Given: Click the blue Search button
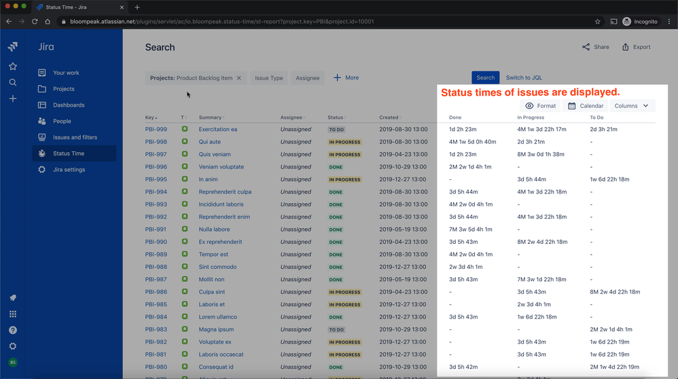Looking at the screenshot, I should (485, 77).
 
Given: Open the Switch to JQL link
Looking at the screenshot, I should (524, 77).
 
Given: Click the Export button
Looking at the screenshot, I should (636, 47).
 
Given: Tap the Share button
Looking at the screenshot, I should (595, 47).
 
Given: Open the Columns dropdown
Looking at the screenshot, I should (631, 106).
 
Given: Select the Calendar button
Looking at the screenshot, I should (585, 106).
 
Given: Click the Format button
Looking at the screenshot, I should (540, 106).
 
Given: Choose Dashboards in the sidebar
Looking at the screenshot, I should (69, 105).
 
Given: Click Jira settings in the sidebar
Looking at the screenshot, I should (69, 170).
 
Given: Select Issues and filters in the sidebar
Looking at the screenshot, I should (75, 137).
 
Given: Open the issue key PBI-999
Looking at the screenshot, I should (156, 129).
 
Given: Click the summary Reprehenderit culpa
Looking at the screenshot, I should (225, 192).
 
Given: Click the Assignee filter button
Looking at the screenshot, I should (307, 78).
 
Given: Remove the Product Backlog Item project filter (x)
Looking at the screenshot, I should (238, 78).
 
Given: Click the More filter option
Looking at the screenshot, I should (346, 78).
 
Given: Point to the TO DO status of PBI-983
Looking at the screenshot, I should (336, 329).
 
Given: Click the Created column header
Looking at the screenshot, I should (389, 118).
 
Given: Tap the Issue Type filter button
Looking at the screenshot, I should (268, 78).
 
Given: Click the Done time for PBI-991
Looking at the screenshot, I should (470, 230).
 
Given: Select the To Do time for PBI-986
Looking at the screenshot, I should (615, 292).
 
